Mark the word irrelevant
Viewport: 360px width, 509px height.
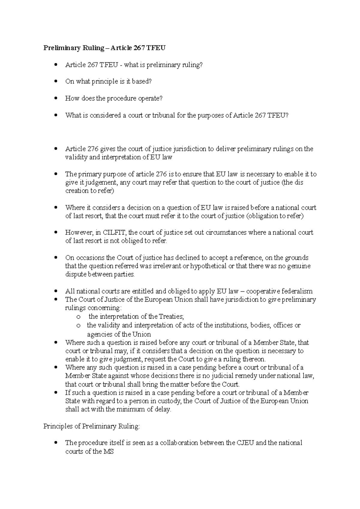(x=172, y=266)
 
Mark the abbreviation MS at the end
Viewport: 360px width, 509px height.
(x=108, y=451)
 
